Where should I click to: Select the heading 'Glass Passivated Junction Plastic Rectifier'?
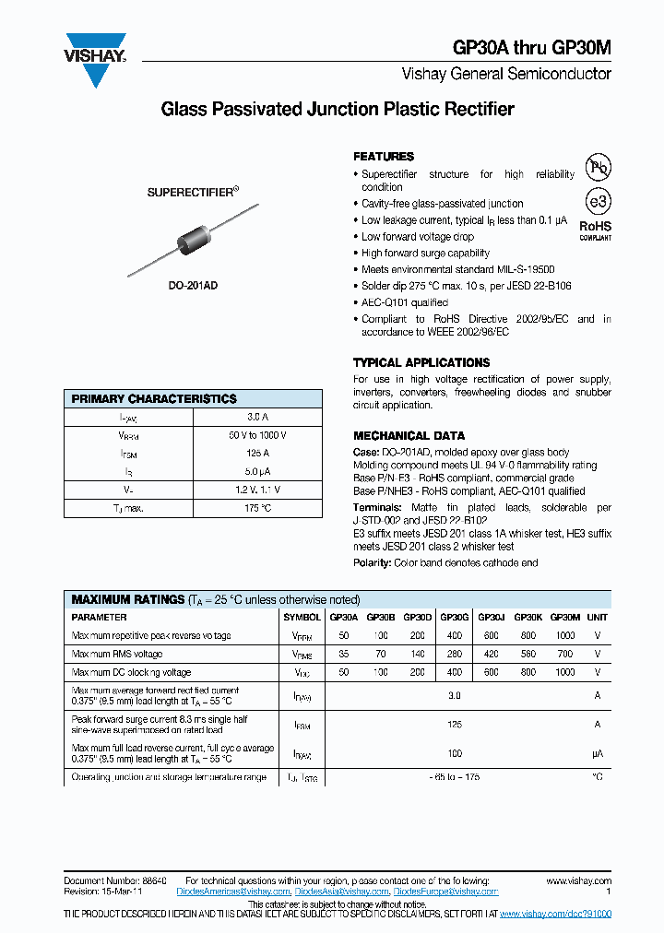pyautogui.click(x=338, y=110)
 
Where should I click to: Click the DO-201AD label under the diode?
pyautogui.click(x=193, y=287)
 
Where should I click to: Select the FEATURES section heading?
pyautogui.click(x=384, y=157)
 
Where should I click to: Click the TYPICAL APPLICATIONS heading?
pyautogui.click(x=421, y=362)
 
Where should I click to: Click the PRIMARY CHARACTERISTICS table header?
pyautogui.click(x=154, y=398)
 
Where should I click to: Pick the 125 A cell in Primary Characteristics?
pyautogui.click(x=257, y=453)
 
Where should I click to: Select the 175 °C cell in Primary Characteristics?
pyautogui.click(x=257, y=508)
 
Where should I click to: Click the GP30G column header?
pyautogui.click(x=454, y=618)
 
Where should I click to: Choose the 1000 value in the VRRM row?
pyautogui.click(x=564, y=635)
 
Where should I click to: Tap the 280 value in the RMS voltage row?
pyautogui.click(x=454, y=654)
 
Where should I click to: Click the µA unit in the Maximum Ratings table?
pyautogui.click(x=597, y=753)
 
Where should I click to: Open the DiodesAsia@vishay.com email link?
pyautogui.click(x=341, y=892)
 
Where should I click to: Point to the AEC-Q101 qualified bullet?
pyautogui.click(x=404, y=302)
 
